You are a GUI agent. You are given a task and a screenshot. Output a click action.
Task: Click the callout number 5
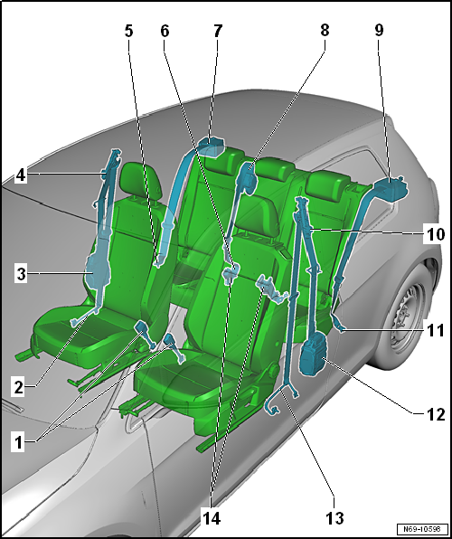point(128,32)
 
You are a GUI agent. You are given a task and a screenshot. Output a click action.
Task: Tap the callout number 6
point(165,32)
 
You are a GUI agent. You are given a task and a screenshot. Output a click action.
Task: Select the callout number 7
point(218,32)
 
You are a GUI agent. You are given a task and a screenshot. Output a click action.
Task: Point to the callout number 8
point(325,31)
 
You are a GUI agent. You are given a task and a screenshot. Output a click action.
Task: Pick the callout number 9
point(379,31)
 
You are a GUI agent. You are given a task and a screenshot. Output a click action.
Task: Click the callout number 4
point(21,175)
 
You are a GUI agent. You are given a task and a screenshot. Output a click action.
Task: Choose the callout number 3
point(22,275)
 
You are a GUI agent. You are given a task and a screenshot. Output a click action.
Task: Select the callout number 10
point(435,235)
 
